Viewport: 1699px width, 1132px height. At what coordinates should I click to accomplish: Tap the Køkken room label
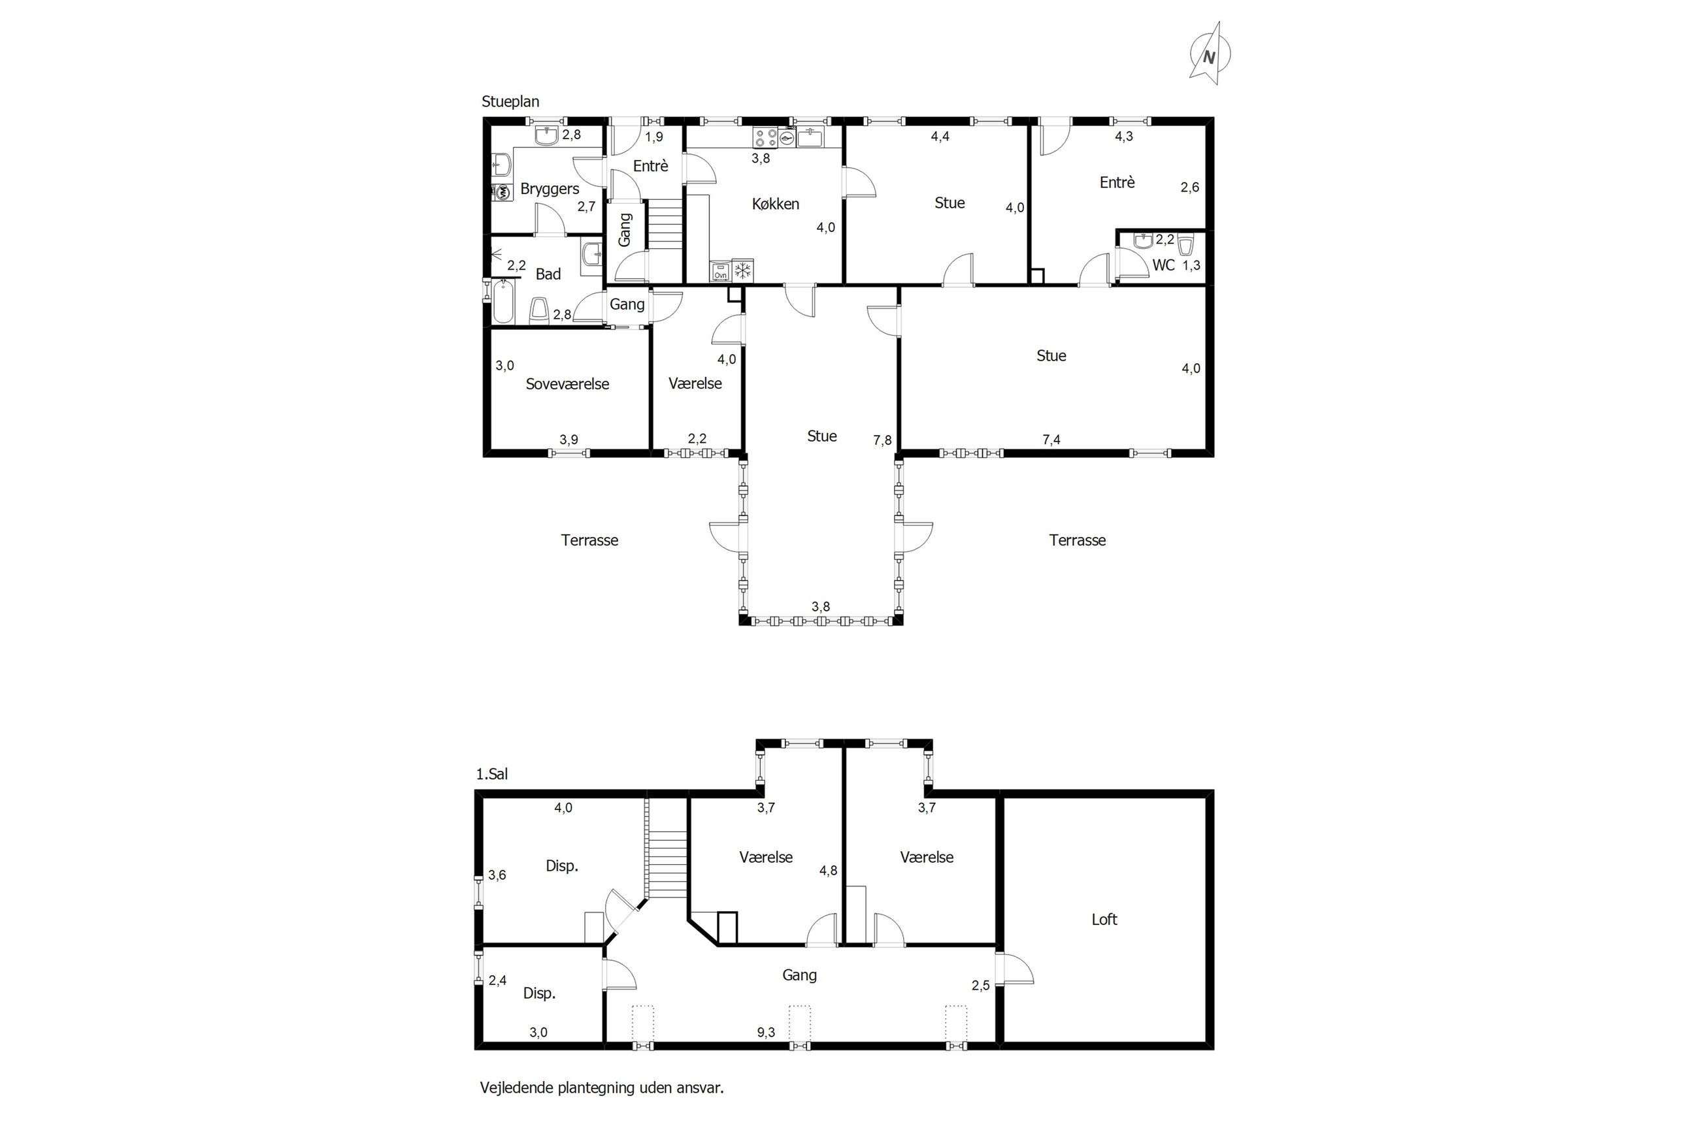776,204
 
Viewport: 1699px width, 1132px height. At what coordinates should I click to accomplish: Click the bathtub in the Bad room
503,301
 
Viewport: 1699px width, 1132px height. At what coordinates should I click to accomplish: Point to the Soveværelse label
568,384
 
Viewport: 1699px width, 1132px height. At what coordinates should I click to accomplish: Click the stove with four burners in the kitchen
764,137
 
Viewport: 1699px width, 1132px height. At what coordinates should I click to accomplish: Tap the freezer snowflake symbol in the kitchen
742,270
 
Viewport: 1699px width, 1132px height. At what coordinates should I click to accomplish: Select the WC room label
1163,265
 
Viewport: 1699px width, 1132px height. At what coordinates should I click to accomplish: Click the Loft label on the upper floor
1104,919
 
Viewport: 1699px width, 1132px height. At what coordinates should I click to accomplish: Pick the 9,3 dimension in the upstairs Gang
766,1032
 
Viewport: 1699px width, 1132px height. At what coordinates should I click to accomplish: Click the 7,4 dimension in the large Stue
1051,439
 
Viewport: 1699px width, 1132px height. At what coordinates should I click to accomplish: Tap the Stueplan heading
510,102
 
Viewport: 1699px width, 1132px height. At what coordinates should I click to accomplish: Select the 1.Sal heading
491,774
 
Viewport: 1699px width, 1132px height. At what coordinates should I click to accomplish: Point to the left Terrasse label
590,540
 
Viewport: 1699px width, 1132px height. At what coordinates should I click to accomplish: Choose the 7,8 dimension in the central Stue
882,440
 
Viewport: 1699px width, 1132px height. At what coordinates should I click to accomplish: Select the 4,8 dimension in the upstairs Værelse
828,871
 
